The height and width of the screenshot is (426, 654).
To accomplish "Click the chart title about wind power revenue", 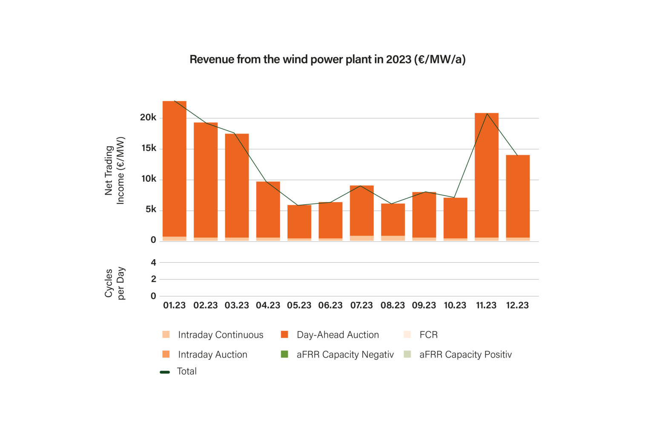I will [327, 59].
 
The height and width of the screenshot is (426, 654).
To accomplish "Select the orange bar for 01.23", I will [175, 170].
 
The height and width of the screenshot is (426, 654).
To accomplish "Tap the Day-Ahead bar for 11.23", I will [486, 174].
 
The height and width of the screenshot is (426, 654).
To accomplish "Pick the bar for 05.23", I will [299, 221].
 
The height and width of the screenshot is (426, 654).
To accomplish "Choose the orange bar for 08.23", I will [393, 219].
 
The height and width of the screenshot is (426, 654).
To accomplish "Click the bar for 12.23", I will [518, 196].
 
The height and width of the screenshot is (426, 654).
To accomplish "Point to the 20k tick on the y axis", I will [148, 117].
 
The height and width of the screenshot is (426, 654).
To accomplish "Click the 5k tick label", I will [151, 209].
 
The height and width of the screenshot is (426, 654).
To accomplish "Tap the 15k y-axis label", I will [149, 148].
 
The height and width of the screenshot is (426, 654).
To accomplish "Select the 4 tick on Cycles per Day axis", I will [153, 263].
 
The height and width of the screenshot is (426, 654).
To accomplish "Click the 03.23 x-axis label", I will [237, 306].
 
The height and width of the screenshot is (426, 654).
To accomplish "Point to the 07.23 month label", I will [361, 306].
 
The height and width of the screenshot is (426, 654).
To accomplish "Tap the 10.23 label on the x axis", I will [455, 306].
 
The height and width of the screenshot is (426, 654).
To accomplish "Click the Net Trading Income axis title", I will [115, 170].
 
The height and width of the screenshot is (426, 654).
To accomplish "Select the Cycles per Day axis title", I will [115, 283].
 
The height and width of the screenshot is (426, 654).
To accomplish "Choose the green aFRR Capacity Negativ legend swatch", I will [284, 354].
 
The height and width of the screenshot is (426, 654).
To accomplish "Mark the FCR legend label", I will [428, 335].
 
